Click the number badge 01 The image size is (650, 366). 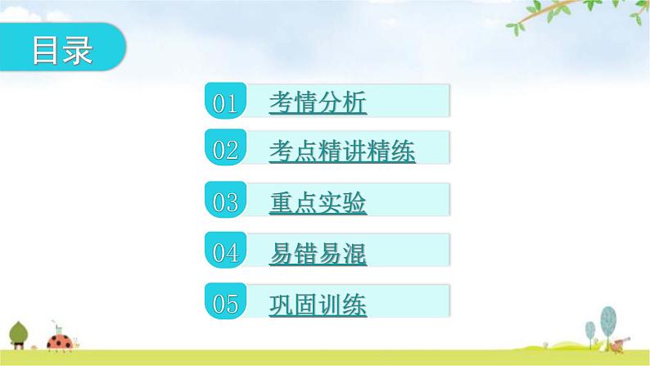pyautogui.click(x=224, y=102)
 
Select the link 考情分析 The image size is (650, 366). pyautogui.click(x=318, y=102)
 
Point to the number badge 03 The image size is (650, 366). pyautogui.click(x=224, y=202)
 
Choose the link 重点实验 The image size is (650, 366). pyautogui.click(x=318, y=202)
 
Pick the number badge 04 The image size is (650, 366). pyautogui.click(x=224, y=253)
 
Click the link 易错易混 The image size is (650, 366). pyautogui.click(x=318, y=254)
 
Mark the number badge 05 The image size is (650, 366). pyautogui.click(x=224, y=304)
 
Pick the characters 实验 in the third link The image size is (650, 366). pyautogui.click(x=342, y=202)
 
